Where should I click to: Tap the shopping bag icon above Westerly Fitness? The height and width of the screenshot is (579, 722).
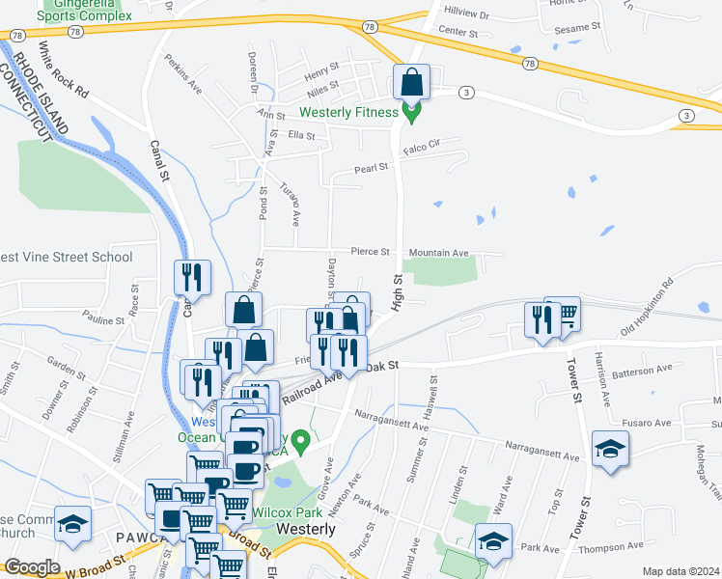click(412, 83)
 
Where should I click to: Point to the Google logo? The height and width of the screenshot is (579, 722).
click(32, 567)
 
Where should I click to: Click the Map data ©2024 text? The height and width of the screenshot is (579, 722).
click(680, 571)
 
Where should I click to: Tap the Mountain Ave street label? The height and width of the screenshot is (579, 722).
click(438, 253)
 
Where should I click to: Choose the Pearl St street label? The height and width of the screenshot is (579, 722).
click(370, 167)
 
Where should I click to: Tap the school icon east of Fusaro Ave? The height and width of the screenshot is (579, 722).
click(610, 450)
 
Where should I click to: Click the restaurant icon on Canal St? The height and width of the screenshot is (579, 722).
click(192, 278)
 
